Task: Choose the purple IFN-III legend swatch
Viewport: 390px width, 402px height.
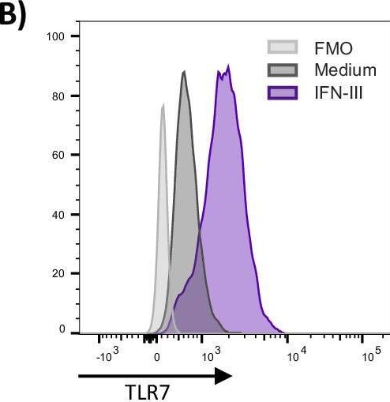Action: point(283,93)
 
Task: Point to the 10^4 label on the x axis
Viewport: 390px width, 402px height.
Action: point(295,355)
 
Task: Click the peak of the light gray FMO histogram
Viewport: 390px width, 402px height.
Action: point(163,103)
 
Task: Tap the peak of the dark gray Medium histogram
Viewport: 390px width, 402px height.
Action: point(184,72)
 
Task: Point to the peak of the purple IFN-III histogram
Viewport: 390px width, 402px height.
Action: point(227,66)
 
